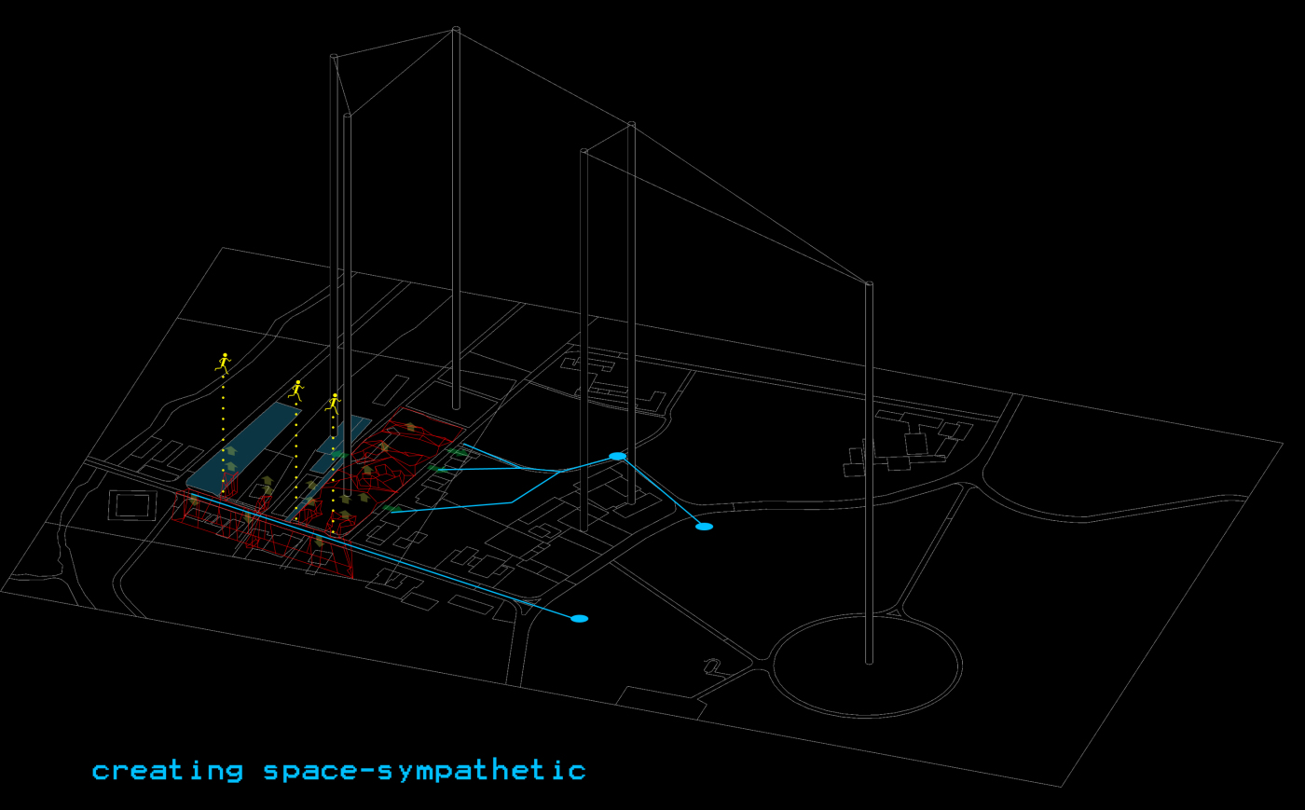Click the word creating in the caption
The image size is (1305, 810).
click(x=168, y=771)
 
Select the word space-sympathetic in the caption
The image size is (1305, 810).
click(x=425, y=771)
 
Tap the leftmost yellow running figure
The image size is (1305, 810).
click(x=223, y=363)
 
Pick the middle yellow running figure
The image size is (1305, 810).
click(x=296, y=391)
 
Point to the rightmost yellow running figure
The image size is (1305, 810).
click(x=334, y=404)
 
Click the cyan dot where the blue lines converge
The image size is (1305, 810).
click(x=617, y=457)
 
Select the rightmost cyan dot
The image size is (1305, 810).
click(x=705, y=527)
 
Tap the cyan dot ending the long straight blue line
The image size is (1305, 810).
click(x=579, y=619)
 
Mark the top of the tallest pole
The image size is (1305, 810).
click(x=456, y=29)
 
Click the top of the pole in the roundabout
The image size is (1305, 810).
click(x=869, y=283)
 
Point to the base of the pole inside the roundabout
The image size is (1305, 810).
click(x=869, y=662)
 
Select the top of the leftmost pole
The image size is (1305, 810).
click(x=334, y=57)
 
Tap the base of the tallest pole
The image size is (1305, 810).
click(x=456, y=406)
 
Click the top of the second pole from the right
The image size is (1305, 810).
click(x=632, y=124)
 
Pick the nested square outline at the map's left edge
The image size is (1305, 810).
click(x=132, y=505)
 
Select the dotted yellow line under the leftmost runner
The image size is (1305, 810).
click(x=223, y=434)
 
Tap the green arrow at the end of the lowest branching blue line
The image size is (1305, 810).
click(x=391, y=509)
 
